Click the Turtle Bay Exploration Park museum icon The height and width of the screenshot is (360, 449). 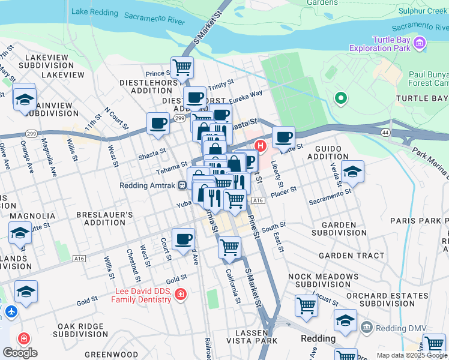(420, 43)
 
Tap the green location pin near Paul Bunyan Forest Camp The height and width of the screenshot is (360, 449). (341, 98)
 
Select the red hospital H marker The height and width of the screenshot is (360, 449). (261, 145)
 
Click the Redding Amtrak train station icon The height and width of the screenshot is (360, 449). (181, 185)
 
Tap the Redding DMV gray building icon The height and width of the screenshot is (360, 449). (366, 328)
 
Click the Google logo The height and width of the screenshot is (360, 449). (20, 352)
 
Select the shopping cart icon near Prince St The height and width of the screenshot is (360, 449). (182, 67)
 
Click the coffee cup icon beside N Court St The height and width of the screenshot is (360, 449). (158, 123)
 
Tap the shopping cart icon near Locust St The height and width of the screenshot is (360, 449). (306, 306)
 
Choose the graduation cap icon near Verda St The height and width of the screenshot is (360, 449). (353, 172)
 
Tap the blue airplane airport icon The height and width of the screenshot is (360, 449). (11, 312)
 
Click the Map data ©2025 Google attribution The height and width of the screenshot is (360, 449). (411, 355)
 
